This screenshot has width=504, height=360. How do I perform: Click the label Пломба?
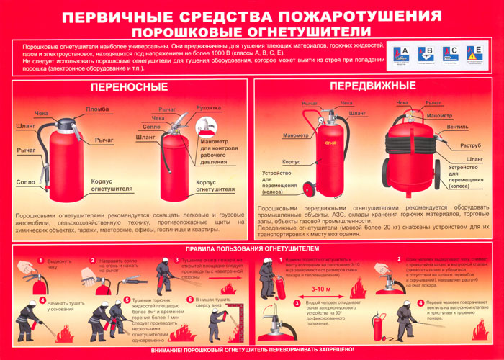click(x=98, y=109)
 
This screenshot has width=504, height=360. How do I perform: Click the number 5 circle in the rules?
click(x=127, y=300)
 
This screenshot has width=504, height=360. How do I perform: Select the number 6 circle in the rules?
click(x=191, y=300)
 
